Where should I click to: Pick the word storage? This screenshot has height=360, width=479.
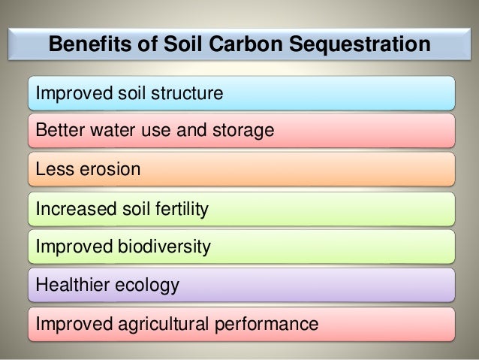click(x=242, y=132)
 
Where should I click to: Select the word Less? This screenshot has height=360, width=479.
click(x=50, y=170)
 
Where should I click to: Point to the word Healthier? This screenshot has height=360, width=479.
click(x=71, y=286)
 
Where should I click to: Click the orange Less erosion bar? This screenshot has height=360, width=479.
click(x=300, y=170)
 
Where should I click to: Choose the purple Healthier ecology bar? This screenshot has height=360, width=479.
click(x=315, y=286)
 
